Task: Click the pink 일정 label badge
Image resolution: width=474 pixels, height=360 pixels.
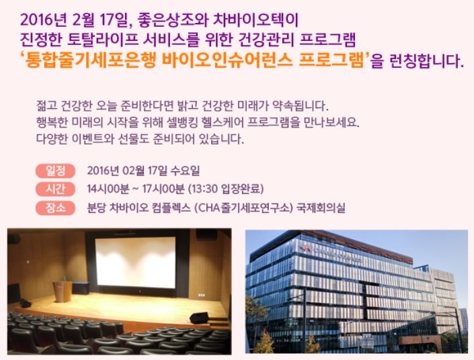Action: pos(55,171)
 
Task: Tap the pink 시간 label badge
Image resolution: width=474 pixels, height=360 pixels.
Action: pos(55,189)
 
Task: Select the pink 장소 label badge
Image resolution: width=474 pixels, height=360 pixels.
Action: pos(55,208)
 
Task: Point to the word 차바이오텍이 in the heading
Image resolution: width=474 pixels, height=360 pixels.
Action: pos(255,20)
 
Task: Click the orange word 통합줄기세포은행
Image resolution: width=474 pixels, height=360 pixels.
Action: pos(90,60)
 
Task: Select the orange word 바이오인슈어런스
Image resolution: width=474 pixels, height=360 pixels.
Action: pos(227,60)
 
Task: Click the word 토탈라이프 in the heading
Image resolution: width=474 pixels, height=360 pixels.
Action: pos(102,40)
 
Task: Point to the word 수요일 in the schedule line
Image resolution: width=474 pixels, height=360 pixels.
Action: pos(185,171)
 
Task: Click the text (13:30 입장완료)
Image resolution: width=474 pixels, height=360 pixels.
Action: pos(226,189)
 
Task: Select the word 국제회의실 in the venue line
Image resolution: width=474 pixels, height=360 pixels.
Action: pos(321,208)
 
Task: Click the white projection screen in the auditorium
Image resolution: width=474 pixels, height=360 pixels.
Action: pos(135,263)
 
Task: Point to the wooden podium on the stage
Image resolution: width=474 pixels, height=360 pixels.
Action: pos(63,291)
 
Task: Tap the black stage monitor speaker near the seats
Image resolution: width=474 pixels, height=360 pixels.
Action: pos(199,318)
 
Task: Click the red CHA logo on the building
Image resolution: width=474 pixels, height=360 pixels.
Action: pos(306,249)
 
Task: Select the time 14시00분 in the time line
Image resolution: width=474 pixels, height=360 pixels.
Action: pos(108,189)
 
